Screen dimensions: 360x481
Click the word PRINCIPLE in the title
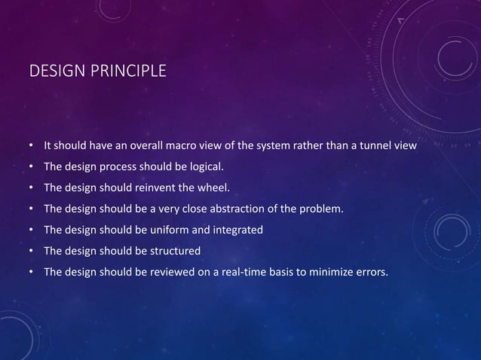(124, 72)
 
